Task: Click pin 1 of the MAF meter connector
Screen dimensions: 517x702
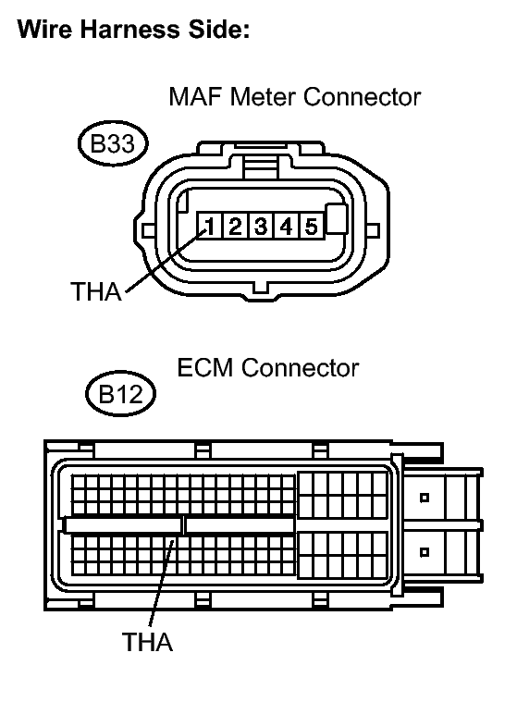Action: pyautogui.click(x=209, y=225)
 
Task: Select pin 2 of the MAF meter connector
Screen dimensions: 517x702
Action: pyautogui.click(x=235, y=225)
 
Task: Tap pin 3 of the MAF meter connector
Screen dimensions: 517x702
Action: pyautogui.click(x=261, y=225)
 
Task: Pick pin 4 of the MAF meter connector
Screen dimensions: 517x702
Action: pyautogui.click(x=286, y=225)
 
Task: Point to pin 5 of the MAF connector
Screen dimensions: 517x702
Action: pyautogui.click(x=312, y=225)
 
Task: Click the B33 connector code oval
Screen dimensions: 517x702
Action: pyautogui.click(x=113, y=143)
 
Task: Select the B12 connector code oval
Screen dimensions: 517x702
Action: pyautogui.click(x=120, y=394)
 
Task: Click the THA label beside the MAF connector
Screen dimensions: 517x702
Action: pyautogui.click(x=96, y=291)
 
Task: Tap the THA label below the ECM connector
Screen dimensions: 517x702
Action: pyautogui.click(x=147, y=642)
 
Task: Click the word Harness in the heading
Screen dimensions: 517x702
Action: pyautogui.click(x=129, y=29)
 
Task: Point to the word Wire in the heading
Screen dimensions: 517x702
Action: pyautogui.click(x=44, y=29)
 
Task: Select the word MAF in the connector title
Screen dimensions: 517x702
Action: pyautogui.click(x=196, y=96)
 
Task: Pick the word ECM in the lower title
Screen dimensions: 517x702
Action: pyautogui.click(x=205, y=368)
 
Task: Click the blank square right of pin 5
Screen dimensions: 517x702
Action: pyautogui.click(x=337, y=219)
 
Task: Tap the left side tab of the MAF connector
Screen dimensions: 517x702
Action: pyautogui.click(x=148, y=230)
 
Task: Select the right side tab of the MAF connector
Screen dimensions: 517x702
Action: pyautogui.click(x=374, y=230)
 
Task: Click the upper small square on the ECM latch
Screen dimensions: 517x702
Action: pyautogui.click(x=425, y=498)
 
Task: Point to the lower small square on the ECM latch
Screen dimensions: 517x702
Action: pyautogui.click(x=425, y=552)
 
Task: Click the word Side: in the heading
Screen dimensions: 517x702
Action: pyautogui.click(x=218, y=29)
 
